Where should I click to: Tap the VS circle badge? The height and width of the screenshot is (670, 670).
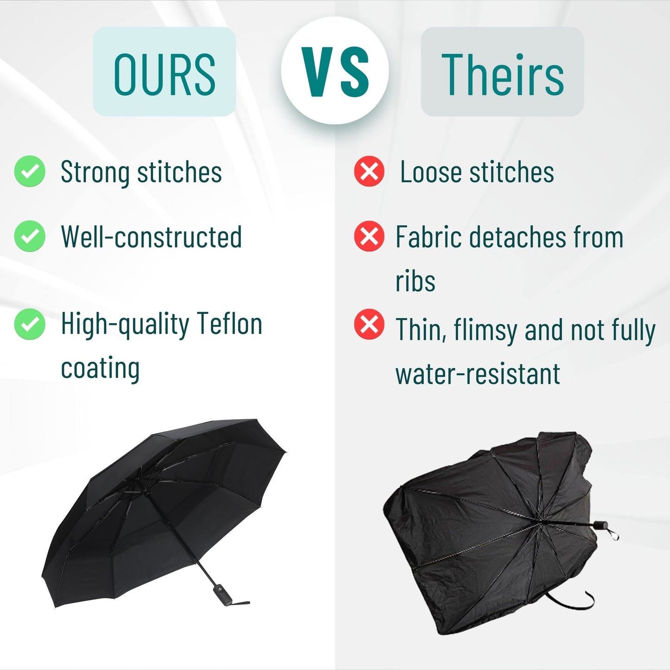point(335,71)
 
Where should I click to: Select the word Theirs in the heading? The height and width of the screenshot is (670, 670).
point(503,74)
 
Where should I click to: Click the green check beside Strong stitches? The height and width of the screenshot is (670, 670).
point(30,171)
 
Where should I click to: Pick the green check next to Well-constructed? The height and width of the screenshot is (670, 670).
point(30,236)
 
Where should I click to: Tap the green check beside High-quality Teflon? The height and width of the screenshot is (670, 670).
point(30,324)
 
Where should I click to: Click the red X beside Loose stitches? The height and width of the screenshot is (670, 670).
point(369,171)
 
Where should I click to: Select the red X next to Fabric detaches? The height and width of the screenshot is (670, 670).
point(369,236)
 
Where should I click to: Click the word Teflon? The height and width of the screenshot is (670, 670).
point(229,324)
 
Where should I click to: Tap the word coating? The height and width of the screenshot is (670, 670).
point(100,368)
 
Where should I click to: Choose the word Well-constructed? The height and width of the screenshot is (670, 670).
point(151,237)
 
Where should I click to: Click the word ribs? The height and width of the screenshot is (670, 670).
point(415,281)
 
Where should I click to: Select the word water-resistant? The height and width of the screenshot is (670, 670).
point(478,374)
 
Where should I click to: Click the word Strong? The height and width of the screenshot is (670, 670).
point(95,172)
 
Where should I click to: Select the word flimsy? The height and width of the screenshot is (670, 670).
point(485,331)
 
